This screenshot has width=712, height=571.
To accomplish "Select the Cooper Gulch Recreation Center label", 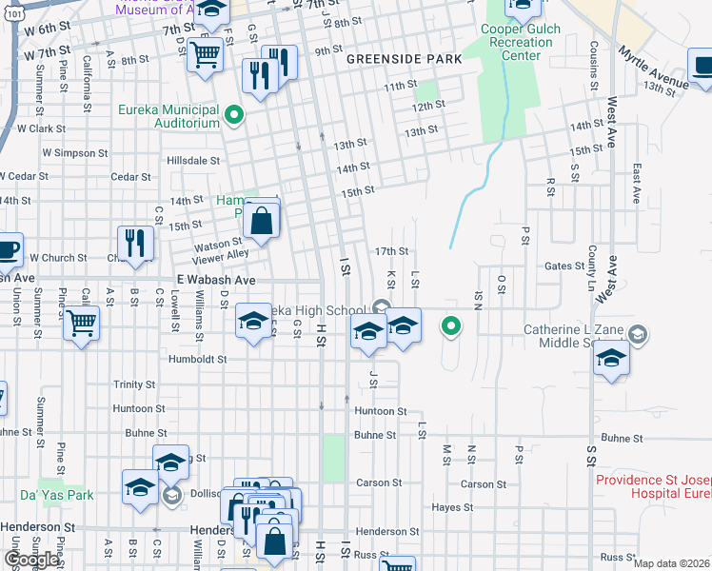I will click(522, 43).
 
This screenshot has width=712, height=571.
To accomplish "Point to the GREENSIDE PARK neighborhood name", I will click(404, 59).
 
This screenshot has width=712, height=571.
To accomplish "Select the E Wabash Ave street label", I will click(216, 281).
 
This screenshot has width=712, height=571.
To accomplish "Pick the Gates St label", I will click(565, 267).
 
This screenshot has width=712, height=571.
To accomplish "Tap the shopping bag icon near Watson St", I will click(261, 222).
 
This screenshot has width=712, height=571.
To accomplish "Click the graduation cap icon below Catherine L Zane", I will click(610, 359).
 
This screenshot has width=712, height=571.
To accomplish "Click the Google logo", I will click(30, 560).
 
